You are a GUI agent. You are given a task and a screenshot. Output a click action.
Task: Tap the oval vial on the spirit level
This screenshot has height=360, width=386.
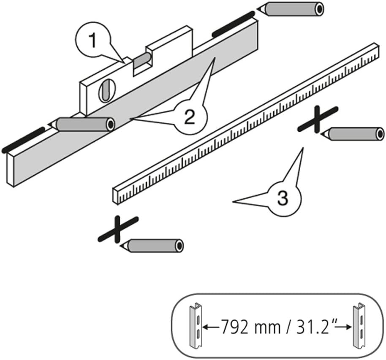pyautogui.click(x=105, y=89)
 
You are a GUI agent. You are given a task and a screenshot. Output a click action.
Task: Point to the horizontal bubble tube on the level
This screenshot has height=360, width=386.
pyautogui.click(x=143, y=60)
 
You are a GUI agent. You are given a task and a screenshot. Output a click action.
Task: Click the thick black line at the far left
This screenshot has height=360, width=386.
pyautogui.click(x=23, y=139)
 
